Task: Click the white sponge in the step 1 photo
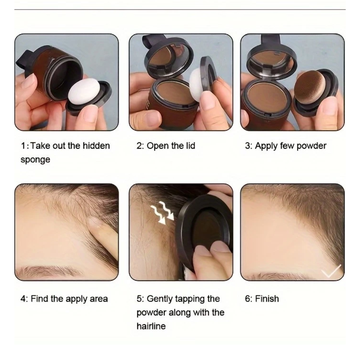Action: (84, 91)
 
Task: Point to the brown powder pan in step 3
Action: (267, 97)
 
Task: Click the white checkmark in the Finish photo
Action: (331, 271)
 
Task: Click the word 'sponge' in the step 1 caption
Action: (35, 160)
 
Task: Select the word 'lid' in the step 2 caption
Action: (190, 146)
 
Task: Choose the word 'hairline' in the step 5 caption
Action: (151, 326)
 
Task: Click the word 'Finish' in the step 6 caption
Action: (267, 299)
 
